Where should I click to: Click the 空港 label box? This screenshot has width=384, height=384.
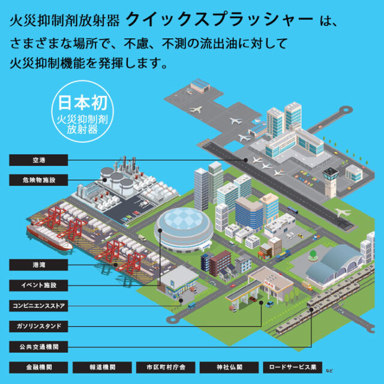(38, 160)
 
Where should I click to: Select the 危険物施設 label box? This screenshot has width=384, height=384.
(38, 180)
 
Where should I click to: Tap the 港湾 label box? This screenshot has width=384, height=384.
(38, 265)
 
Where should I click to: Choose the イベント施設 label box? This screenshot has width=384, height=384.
(38, 286)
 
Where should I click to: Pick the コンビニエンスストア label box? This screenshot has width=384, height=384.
(38, 305)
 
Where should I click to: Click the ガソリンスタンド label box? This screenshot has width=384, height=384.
(38, 326)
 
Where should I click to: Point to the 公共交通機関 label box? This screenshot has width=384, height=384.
(38, 347)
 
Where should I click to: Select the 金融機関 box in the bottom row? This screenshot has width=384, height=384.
(38, 367)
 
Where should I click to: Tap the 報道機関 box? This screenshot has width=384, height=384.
(102, 367)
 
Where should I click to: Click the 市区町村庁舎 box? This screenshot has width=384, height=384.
(166, 367)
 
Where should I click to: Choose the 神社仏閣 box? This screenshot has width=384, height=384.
(229, 367)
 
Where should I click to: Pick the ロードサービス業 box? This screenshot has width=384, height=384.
(292, 367)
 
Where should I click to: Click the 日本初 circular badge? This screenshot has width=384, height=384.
(83, 112)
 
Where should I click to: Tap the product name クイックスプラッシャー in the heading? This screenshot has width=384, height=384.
(220, 20)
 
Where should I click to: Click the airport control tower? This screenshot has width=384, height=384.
(331, 182)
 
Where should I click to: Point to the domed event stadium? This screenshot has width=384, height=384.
(184, 230)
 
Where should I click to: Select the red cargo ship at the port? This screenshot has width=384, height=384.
(49, 236)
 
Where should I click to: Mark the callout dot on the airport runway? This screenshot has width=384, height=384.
(245, 160)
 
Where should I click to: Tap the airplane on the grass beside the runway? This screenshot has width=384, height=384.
(343, 212)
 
